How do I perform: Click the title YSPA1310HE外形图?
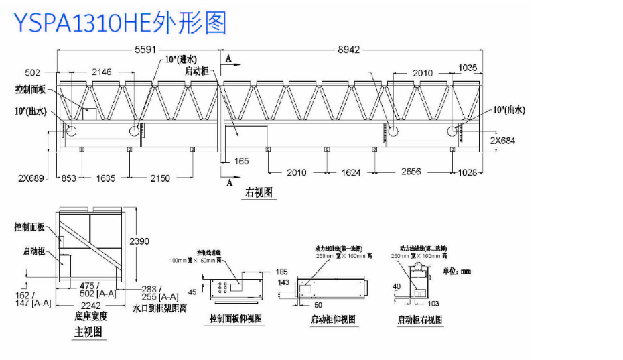click(x=121, y=21)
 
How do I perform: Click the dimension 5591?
click(x=148, y=50)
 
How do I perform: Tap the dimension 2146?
click(x=102, y=72)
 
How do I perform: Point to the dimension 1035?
click(x=468, y=68)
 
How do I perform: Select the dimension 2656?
click(x=411, y=172)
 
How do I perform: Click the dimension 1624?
click(x=351, y=173)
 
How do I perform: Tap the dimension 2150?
click(x=160, y=178)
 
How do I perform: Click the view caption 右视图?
click(x=258, y=193)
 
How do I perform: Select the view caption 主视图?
click(x=88, y=332)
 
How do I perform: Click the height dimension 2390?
click(x=139, y=241)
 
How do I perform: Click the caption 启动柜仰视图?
click(x=333, y=319)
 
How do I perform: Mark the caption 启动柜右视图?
click(x=420, y=320)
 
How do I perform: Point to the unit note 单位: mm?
click(x=458, y=272)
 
